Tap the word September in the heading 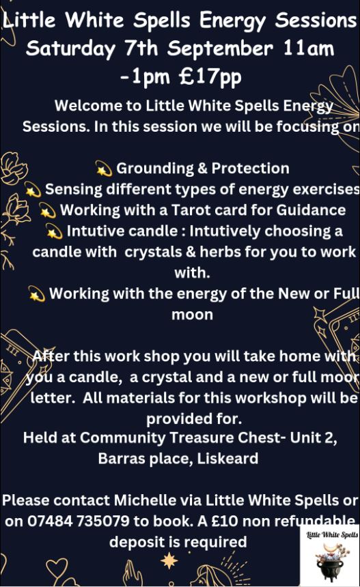pos(220,48)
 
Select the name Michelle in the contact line pos(140,500)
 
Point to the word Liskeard pos(227,459)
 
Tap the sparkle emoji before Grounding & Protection pos(104,169)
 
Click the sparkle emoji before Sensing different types pos(33,190)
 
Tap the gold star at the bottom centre pos(169,561)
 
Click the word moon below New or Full pos(192,315)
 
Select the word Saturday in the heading pos(71,49)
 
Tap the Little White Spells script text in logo pos(332,534)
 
